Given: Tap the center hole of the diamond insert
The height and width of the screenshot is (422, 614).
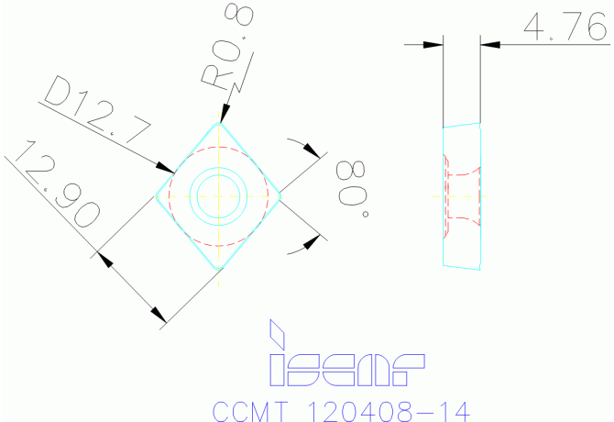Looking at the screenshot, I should [x=219, y=194].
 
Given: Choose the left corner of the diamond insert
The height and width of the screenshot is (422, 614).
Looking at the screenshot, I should [x=158, y=194].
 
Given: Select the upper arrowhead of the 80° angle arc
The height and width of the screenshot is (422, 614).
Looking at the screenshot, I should [x=315, y=151].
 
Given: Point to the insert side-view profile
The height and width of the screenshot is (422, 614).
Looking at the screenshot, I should [x=463, y=195].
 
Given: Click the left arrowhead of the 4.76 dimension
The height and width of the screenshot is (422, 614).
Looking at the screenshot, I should [x=433, y=43].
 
